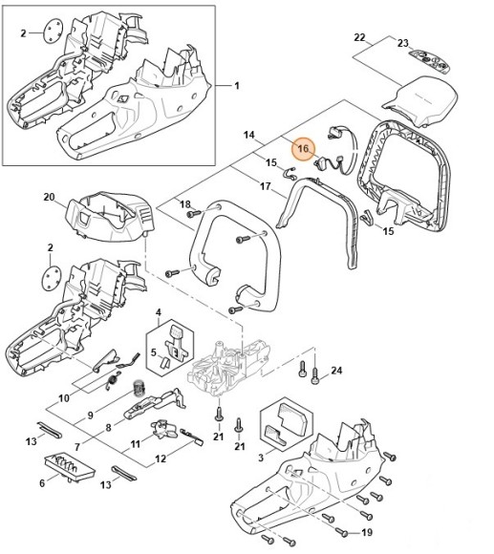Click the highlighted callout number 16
click(303, 150)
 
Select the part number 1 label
click(236, 85)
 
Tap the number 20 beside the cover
click(50, 197)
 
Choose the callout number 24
click(335, 371)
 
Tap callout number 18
click(184, 204)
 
